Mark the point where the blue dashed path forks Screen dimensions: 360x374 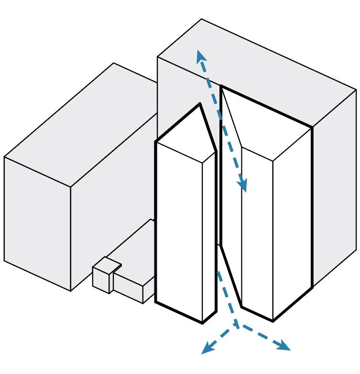pyautogui.click(x=236, y=325)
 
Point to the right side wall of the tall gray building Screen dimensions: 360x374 pyautogui.click(x=335, y=191)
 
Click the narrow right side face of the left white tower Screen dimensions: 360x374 pyautogui.click(x=209, y=239)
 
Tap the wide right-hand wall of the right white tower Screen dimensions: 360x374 pyautogui.click(x=292, y=224)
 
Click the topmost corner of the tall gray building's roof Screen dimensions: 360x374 pyautogui.click(x=201, y=19)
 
